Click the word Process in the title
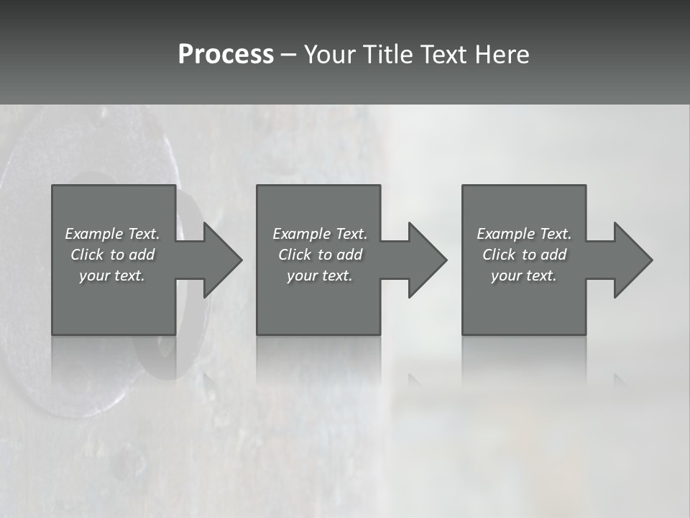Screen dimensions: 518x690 (x=226, y=55)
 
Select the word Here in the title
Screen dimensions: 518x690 (x=502, y=55)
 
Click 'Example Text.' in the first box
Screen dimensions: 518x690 (x=113, y=234)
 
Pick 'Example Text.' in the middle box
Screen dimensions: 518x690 (x=320, y=234)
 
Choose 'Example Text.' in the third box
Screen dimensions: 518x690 (x=524, y=234)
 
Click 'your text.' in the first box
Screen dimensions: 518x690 (x=112, y=276)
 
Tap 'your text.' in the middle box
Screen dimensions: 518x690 (x=319, y=276)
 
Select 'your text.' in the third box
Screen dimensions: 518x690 (x=524, y=276)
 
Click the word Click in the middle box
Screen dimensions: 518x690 (x=295, y=255)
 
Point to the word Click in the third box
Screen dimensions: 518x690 (x=499, y=255)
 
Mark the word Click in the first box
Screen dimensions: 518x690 (x=87, y=255)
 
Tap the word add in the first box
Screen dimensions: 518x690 (x=142, y=255)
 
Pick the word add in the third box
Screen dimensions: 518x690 (x=554, y=255)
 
